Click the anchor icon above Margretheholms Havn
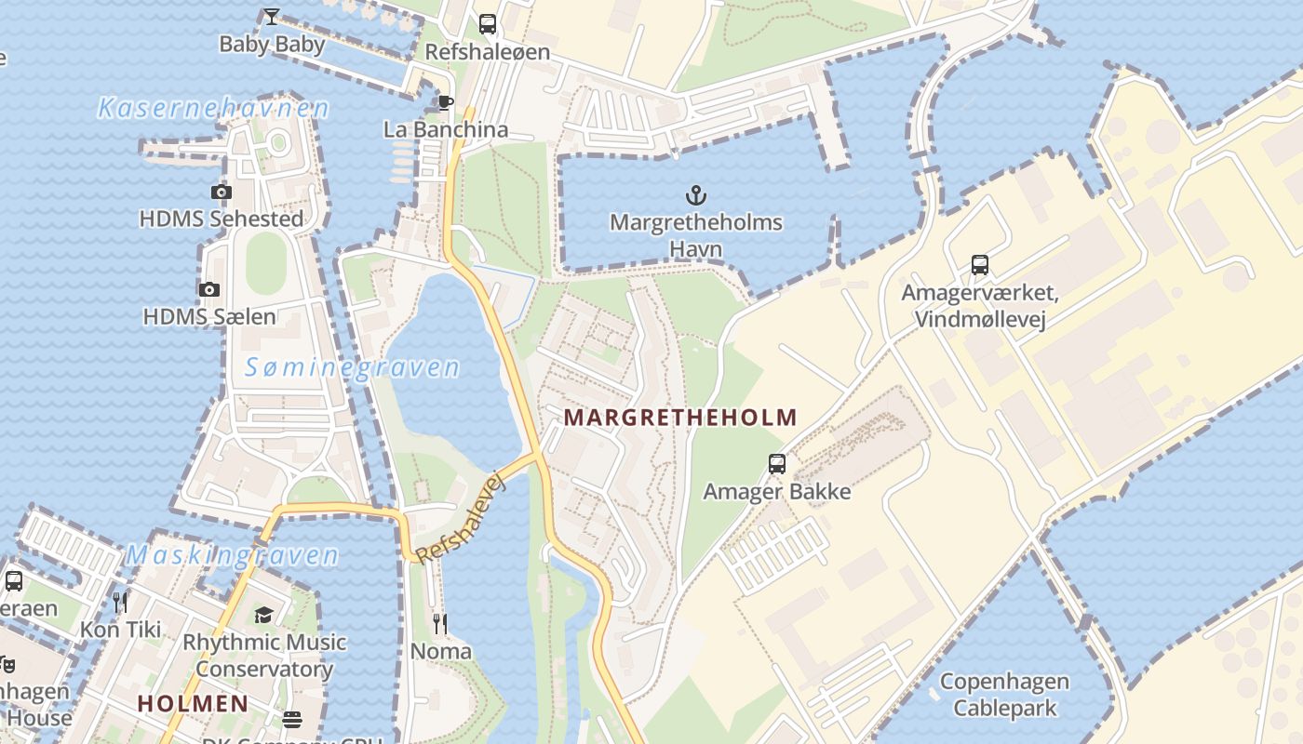695,195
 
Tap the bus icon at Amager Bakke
776,463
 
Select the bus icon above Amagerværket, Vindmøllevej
979,265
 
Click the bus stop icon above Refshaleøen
488,24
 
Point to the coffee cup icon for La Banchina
446,102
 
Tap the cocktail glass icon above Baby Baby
271,16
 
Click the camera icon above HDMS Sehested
221,193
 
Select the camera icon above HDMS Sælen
208,289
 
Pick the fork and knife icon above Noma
440,623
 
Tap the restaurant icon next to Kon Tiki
120,603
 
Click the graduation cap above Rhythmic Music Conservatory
264,615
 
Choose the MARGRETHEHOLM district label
680,418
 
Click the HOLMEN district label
194,703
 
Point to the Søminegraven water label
352,368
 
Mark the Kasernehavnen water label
213,109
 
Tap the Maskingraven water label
232,556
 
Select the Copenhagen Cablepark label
1004,695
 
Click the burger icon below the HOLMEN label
292,720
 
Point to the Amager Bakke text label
776,491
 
